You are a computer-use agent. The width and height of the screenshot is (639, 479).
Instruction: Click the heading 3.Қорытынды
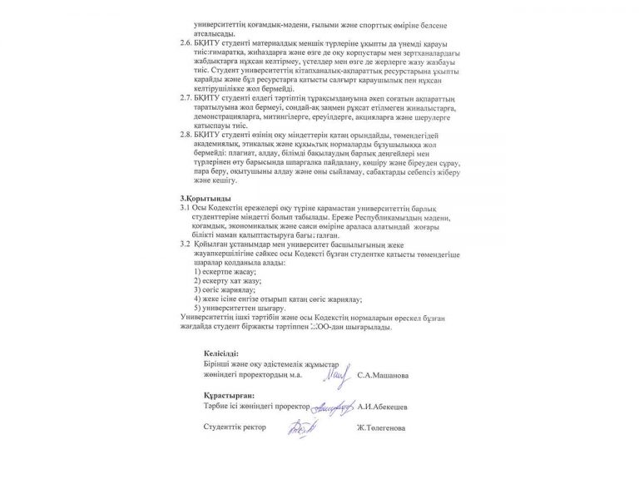pos(201,198)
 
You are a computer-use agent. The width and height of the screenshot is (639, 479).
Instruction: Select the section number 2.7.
pos(189,97)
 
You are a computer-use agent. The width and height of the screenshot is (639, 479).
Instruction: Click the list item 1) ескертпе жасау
pos(225,273)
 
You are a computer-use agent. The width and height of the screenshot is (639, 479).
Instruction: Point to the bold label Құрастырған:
pos(226,396)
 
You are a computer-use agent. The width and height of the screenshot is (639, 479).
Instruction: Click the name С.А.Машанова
pos(382,375)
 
